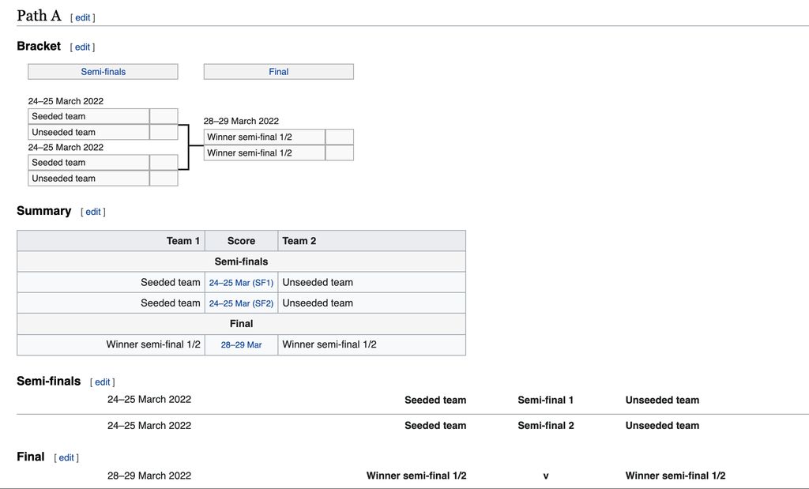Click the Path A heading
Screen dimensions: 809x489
(x=39, y=16)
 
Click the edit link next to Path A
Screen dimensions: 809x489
(x=82, y=17)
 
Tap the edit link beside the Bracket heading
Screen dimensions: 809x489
(x=82, y=47)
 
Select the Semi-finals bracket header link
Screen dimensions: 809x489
(x=103, y=72)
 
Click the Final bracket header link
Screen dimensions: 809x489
(x=279, y=72)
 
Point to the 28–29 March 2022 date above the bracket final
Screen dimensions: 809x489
(x=241, y=121)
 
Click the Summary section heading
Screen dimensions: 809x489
(x=44, y=210)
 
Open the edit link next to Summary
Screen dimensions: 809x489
(x=93, y=212)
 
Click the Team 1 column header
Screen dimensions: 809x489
(x=183, y=241)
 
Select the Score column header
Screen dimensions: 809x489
(x=242, y=241)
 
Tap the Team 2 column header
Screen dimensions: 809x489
(x=299, y=241)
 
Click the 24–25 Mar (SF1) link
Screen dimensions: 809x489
(x=242, y=283)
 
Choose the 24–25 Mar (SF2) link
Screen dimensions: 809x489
(x=242, y=303)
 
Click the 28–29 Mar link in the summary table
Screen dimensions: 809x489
(x=242, y=344)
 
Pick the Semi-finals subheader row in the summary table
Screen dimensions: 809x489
(x=242, y=261)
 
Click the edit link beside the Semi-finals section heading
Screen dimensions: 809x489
(x=102, y=382)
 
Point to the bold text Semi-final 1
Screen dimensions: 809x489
(x=545, y=400)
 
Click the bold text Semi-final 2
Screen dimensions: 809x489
(x=546, y=426)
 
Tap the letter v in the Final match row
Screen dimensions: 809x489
(x=546, y=476)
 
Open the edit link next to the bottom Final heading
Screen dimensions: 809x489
(x=66, y=458)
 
